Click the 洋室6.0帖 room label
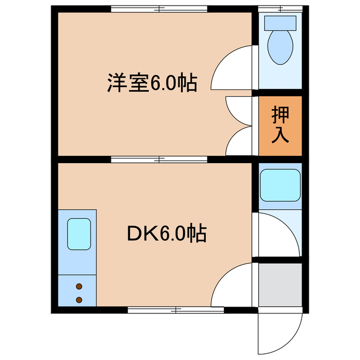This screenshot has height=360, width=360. click(152, 83)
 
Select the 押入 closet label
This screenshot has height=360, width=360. click(280, 124)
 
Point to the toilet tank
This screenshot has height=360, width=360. click(280, 23)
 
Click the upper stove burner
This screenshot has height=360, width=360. click(79, 286)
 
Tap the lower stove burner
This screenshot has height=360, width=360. click(79, 299)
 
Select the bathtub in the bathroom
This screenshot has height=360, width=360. click(280, 184)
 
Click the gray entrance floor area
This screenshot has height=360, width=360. click(280, 285)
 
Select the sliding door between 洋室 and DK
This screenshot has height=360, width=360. click(159, 159)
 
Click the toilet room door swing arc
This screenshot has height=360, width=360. click(233, 67)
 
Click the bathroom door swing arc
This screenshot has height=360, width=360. click(278, 233)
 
